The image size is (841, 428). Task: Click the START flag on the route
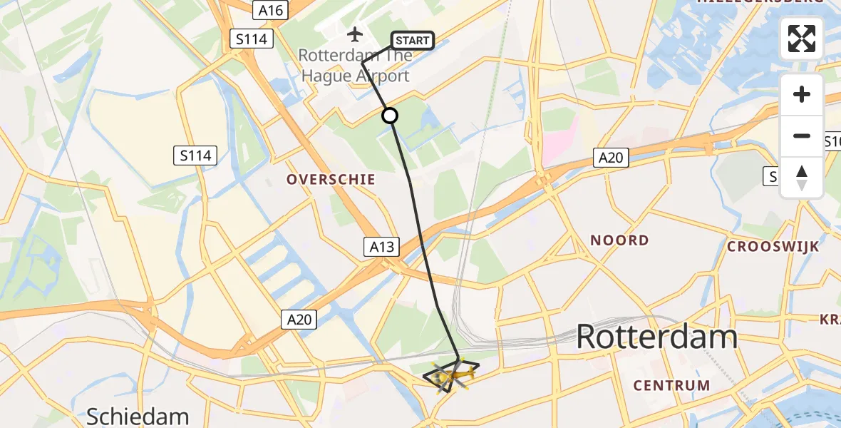click(x=413, y=41)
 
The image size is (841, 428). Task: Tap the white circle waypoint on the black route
click(x=390, y=116)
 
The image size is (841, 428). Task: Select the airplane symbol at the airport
click(x=355, y=34)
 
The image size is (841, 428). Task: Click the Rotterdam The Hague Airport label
click(x=354, y=66)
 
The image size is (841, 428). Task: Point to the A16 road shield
click(x=270, y=10)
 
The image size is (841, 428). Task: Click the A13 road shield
click(x=382, y=247)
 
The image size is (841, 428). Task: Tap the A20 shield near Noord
click(x=611, y=158)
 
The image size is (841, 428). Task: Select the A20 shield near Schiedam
click(x=299, y=320)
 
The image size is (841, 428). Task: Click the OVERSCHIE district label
click(x=331, y=180)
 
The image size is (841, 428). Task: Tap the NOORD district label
click(x=619, y=240)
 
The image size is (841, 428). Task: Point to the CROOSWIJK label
click(x=773, y=247)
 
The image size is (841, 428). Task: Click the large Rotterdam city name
click(x=656, y=336)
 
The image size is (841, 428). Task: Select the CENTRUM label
click(x=672, y=386)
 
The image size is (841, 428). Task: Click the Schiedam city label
click(x=137, y=417)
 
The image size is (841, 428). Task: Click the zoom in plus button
click(x=802, y=94)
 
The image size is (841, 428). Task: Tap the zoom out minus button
click(x=802, y=136)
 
